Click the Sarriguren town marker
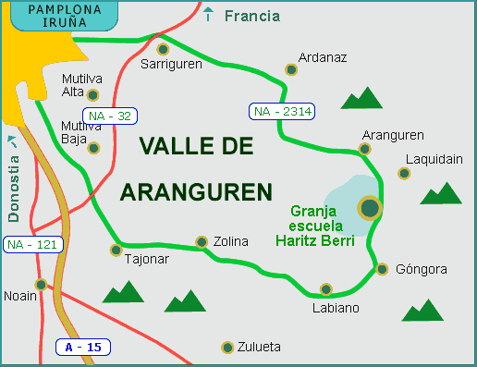(163, 49)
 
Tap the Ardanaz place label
(324, 57)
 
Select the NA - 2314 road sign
(282, 112)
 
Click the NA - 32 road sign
(107, 116)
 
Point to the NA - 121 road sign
(30, 245)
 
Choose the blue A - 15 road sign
(84, 348)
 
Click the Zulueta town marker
(227, 348)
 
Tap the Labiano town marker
(324, 289)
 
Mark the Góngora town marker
(383, 269)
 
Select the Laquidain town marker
(404, 173)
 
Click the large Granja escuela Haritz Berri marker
(370, 208)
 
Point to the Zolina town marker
(202, 242)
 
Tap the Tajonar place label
(146, 259)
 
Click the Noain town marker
(41, 284)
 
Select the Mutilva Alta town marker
(92, 93)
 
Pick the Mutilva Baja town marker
(92, 147)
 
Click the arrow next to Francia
(210, 15)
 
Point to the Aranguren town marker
(365, 148)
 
